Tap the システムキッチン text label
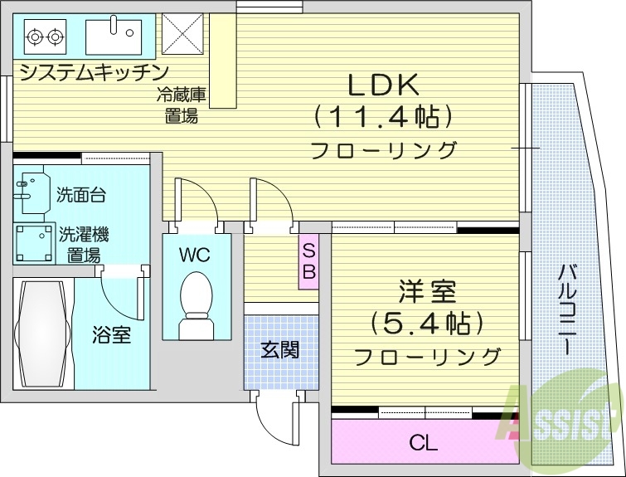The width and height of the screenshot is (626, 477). click(94, 71)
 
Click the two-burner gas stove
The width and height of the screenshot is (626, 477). click(45, 36)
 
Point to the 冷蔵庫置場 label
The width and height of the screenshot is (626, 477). click(181, 105)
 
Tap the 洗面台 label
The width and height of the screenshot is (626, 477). click(81, 196)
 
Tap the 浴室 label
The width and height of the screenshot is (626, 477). click(111, 335)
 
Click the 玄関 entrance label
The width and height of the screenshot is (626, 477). click(280, 350)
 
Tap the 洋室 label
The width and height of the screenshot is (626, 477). click(426, 293)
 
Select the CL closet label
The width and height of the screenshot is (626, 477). click(423, 443)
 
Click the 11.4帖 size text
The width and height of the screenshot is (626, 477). click(383, 117)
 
